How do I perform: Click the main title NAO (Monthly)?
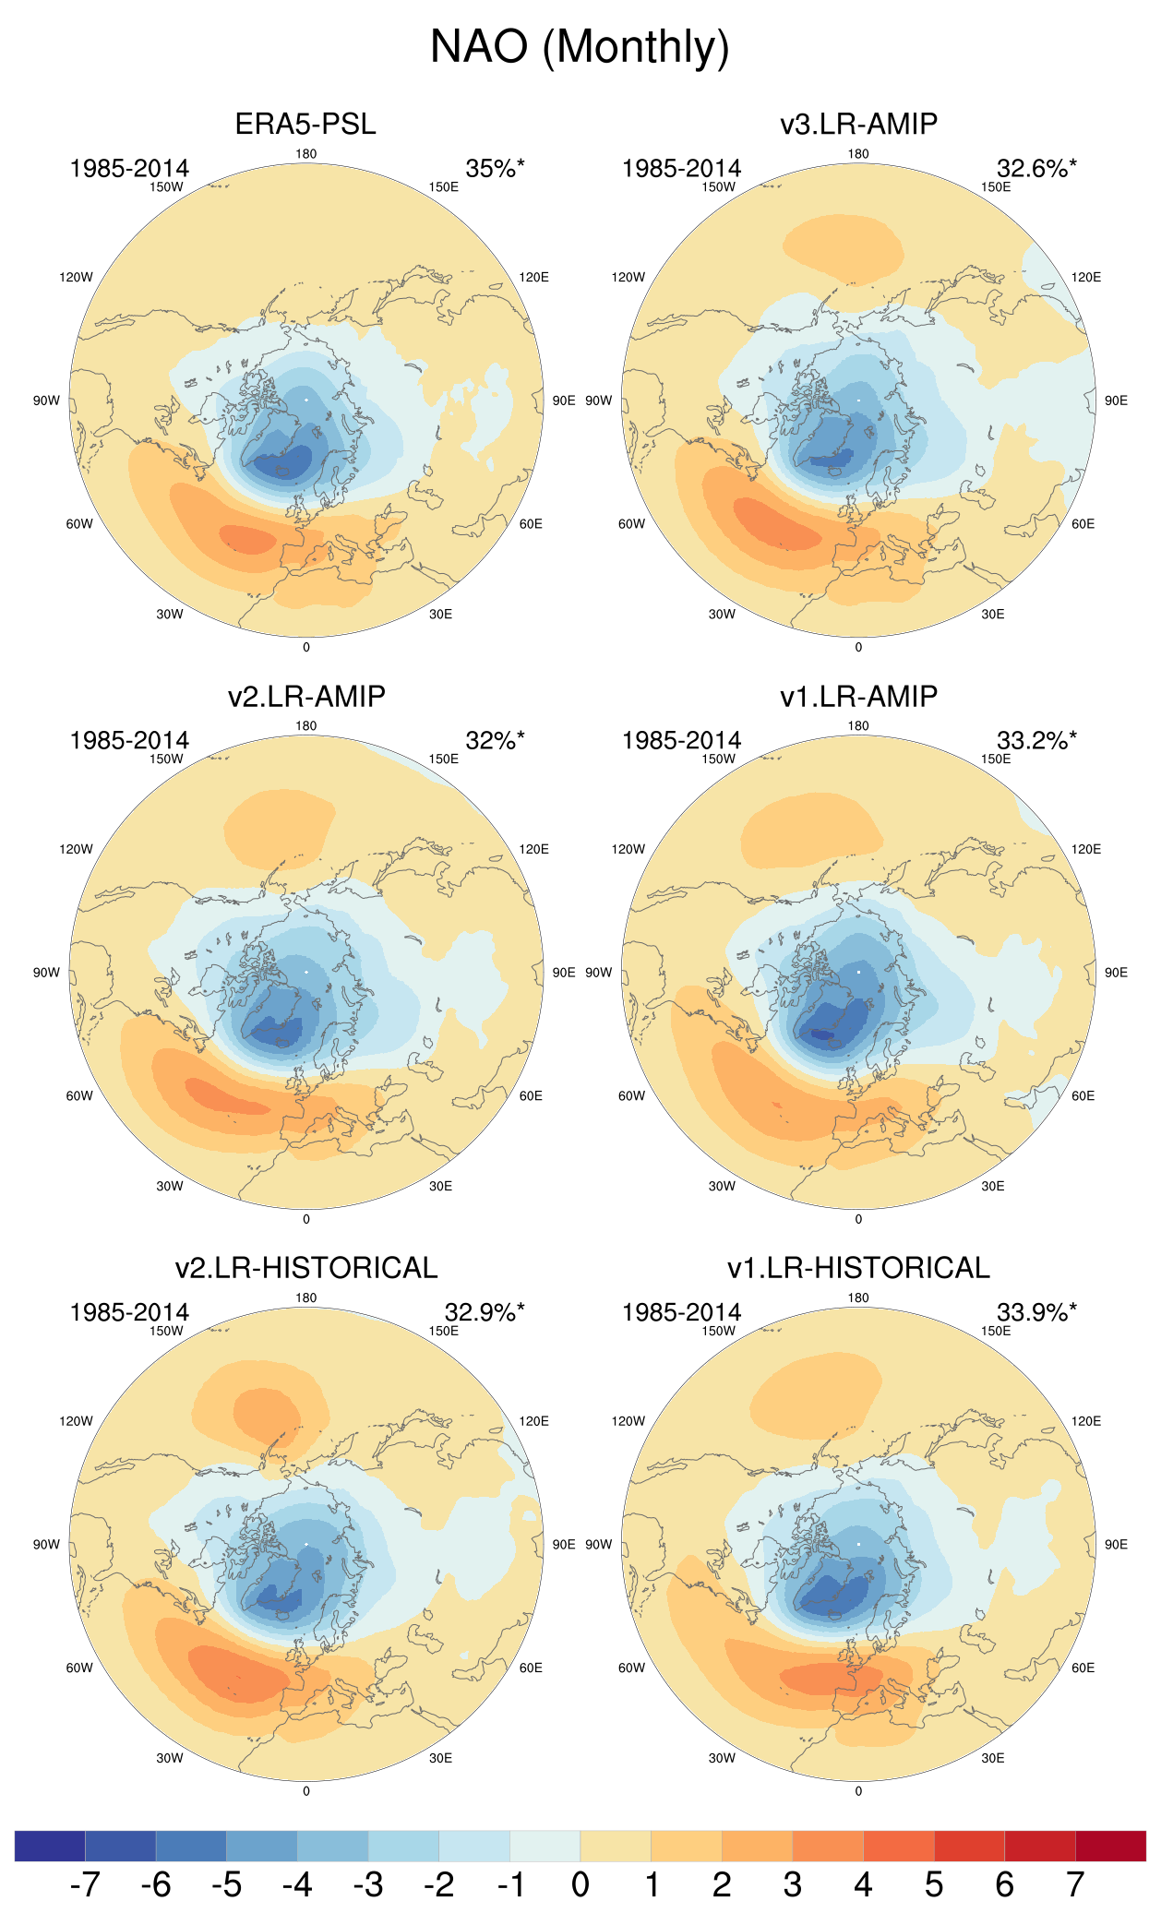[580, 46]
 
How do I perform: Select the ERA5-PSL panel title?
[305, 124]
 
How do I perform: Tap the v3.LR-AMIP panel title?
[858, 124]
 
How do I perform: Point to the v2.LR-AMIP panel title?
[305, 696]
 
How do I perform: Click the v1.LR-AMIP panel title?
[858, 696]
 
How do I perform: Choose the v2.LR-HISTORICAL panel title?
[305, 1268]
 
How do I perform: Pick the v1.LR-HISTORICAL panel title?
[858, 1268]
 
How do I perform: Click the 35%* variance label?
[495, 168]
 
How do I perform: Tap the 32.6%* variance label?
[1036, 168]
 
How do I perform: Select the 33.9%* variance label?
[1036, 1312]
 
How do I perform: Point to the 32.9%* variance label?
[485, 1312]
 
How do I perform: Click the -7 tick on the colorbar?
[85, 1884]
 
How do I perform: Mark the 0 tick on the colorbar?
[580, 1884]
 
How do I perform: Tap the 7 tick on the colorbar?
[1075, 1884]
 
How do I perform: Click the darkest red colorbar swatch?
[1110, 1846]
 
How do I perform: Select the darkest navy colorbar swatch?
[50, 1846]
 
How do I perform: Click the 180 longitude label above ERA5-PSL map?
[305, 154]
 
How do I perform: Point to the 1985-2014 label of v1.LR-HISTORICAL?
[681, 1312]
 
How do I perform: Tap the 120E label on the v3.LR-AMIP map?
[1085, 277]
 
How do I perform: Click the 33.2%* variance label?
[1036, 740]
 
